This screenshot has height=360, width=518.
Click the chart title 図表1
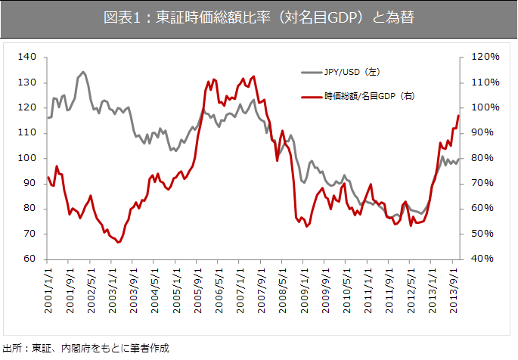tap(259, 17)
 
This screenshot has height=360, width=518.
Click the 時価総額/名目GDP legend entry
tap(369, 96)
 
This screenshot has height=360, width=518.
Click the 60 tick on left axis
tap(29, 259)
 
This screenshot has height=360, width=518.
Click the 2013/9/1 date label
tap(454, 282)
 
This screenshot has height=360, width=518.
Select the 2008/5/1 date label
tap(281, 282)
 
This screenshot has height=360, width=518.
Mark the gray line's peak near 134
tap(83, 72)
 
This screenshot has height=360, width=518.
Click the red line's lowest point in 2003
tap(119, 242)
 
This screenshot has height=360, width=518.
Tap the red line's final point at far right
tap(458, 115)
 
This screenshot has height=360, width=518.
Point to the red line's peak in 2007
tap(253, 76)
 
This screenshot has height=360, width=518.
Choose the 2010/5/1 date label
tap(346, 282)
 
